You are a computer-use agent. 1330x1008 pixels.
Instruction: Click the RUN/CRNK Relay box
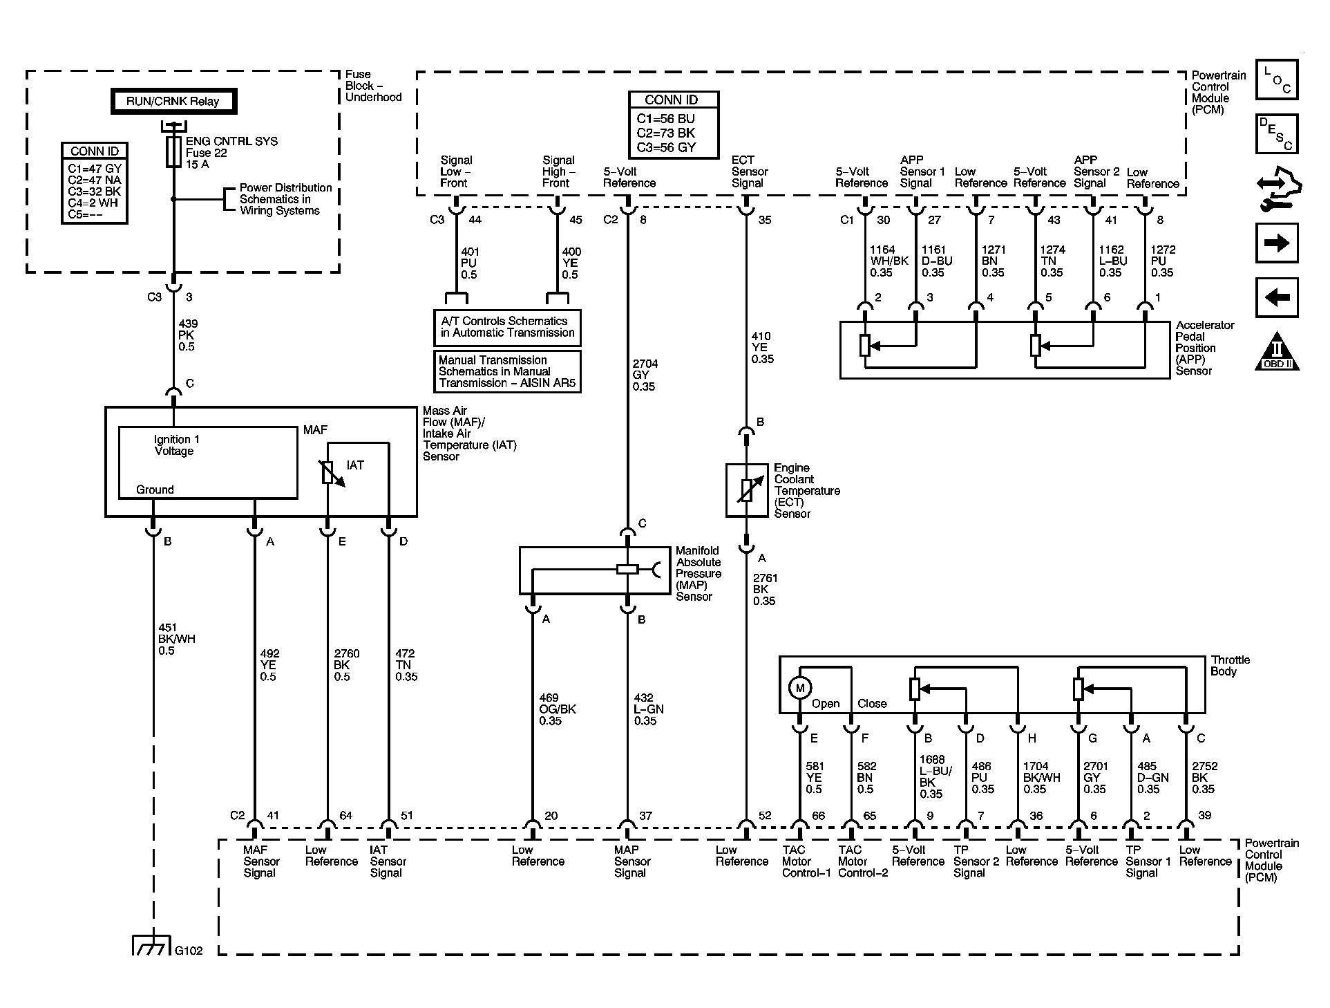[173, 102]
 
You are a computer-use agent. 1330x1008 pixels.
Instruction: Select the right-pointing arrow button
[1276, 243]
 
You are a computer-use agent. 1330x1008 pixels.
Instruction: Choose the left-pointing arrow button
[1276, 297]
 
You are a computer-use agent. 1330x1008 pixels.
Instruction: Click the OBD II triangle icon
[1277, 352]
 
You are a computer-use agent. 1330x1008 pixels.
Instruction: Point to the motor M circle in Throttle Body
[799, 688]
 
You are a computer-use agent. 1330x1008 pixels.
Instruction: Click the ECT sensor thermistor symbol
[746, 490]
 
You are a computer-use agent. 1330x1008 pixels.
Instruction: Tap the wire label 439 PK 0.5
[187, 335]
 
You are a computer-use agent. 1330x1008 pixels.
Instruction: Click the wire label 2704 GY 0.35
[644, 375]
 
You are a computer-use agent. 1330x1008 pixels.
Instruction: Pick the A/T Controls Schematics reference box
[507, 327]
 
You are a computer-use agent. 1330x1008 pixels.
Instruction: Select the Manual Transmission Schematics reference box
[507, 371]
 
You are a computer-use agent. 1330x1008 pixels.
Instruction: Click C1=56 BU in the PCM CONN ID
[665, 119]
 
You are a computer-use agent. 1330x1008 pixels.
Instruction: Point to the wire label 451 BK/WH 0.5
[176, 639]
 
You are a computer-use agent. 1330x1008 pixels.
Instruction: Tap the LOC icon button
[1276, 80]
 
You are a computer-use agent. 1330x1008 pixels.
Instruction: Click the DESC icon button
[1276, 134]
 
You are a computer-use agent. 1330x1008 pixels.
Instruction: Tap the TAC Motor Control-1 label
[806, 861]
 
